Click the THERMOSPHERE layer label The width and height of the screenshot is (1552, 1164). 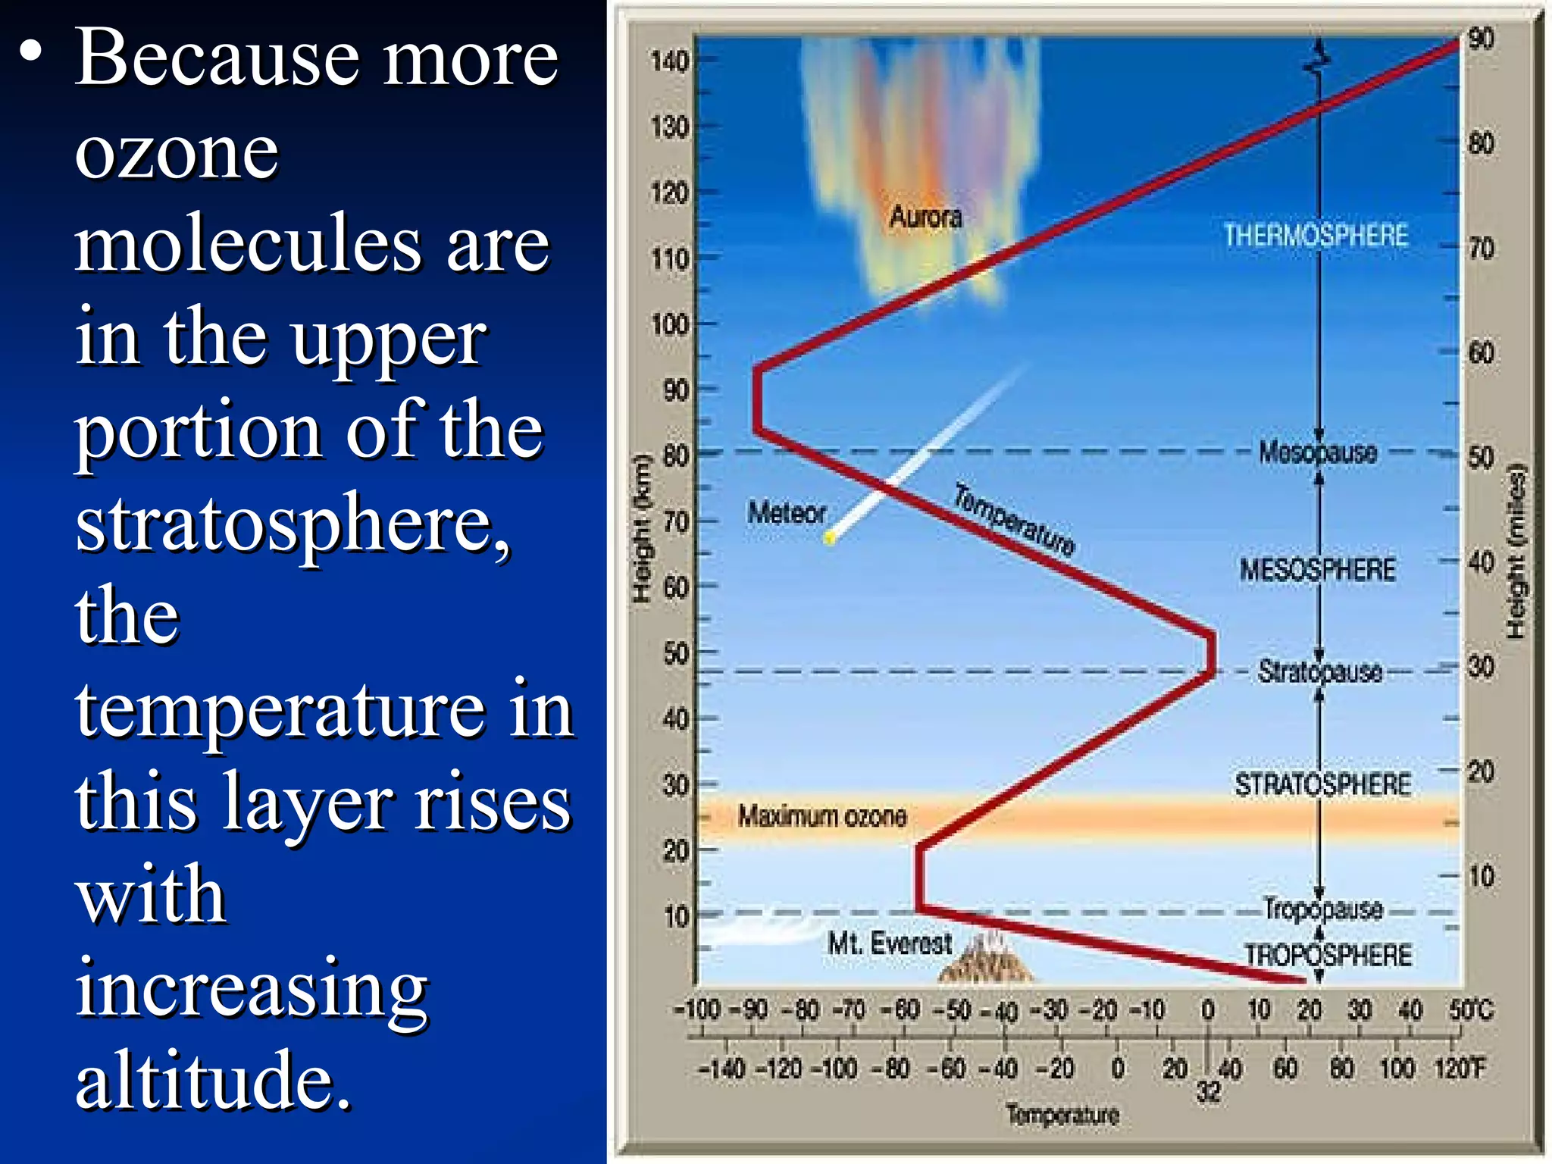[1316, 236]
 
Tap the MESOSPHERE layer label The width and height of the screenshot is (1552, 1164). [1317, 569]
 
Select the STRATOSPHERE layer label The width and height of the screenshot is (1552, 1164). [1323, 784]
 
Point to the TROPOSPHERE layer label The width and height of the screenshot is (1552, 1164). [1328, 955]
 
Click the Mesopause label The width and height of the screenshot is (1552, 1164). [1318, 452]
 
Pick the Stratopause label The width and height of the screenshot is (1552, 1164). [1320, 671]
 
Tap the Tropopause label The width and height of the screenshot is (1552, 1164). [1323, 909]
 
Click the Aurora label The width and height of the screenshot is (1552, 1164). [925, 217]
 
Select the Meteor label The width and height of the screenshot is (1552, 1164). [787, 513]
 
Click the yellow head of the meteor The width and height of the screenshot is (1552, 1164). [830, 538]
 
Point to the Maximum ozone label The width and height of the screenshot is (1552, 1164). [822, 816]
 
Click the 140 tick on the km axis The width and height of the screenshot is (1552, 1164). [670, 61]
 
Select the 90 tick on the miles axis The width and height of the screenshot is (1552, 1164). [1481, 39]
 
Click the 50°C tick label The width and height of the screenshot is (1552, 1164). [1470, 1010]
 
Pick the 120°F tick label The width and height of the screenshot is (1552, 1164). [1460, 1069]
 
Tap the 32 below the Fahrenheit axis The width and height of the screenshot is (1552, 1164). [1209, 1092]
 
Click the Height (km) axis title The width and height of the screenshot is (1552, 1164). [642, 529]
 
